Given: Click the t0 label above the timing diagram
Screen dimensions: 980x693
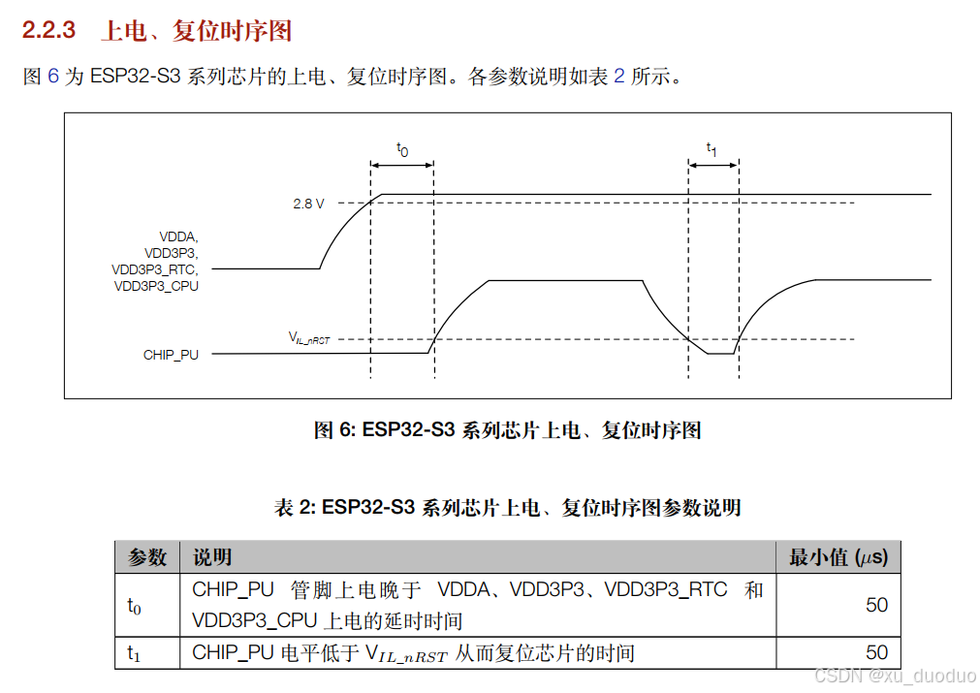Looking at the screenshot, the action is pyautogui.click(x=402, y=149).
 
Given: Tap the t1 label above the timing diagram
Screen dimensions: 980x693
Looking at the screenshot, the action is pyautogui.click(x=711, y=149).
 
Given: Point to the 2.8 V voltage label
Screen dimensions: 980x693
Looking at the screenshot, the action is pyautogui.click(x=308, y=204).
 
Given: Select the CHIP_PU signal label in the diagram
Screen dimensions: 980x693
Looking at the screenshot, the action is pyautogui.click(x=171, y=355).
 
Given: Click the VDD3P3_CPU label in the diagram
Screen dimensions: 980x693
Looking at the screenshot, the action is pyautogui.click(x=156, y=286).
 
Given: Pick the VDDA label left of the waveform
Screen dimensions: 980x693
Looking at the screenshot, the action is pyautogui.click(x=178, y=236).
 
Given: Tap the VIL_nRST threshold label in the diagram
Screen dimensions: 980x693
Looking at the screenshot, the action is pyautogui.click(x=309, y=338).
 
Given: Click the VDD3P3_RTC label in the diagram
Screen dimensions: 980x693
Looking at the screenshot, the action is pyautogui.click(x=155, y=269).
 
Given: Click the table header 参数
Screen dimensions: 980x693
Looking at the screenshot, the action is pyautogui.click(x=147, y=557).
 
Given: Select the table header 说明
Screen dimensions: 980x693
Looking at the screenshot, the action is pyautogui.click(x=212, y=557).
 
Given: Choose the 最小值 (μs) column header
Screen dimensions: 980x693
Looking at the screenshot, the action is pyautogui.click(x=838, y=557).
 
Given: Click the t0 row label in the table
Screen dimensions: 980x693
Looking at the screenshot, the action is pyautogui.click(x=134, y=606).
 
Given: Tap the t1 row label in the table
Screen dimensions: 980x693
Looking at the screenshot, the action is pyautogui.click(x=134, y=653).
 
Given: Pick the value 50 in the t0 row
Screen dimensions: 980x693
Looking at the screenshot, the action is pyautogui.click(x=876, y=605).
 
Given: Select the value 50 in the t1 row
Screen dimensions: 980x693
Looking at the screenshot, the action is pyautogui.click(x=876, y=652).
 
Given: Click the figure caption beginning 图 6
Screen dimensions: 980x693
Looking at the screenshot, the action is pyautogui.click(x=507, y=430).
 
